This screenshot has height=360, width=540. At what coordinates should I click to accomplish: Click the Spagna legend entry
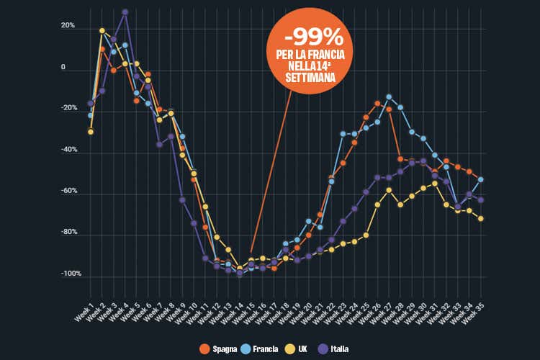pyautogui.click(x=219, y=348)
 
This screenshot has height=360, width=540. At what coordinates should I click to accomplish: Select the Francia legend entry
pyautogui.click(x=258, y=348)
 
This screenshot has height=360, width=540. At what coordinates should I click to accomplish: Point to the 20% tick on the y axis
pyautogui.click(x=68, y=26)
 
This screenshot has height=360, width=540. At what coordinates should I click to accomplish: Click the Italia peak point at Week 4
pyautogui.click(x=125, y=12)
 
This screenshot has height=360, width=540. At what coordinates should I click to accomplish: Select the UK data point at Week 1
pyautogui.click(x=91, y=132)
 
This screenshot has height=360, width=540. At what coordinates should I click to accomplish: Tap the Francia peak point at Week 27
pyautogui.click(x=389, y=96)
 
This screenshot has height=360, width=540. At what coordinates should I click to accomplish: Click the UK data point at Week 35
pyautogui.click(x=480, y=218)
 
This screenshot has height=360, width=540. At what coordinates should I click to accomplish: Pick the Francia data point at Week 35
pyautogui.click(x=480, y=179)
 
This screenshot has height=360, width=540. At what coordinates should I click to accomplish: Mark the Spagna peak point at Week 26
pyautogui.click(x=377, y=104)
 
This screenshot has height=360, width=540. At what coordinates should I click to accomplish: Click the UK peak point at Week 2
pyautogui.click(x=102, y=31)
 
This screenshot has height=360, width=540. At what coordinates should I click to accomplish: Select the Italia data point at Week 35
pyautogui.click(x=480, y=199)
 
